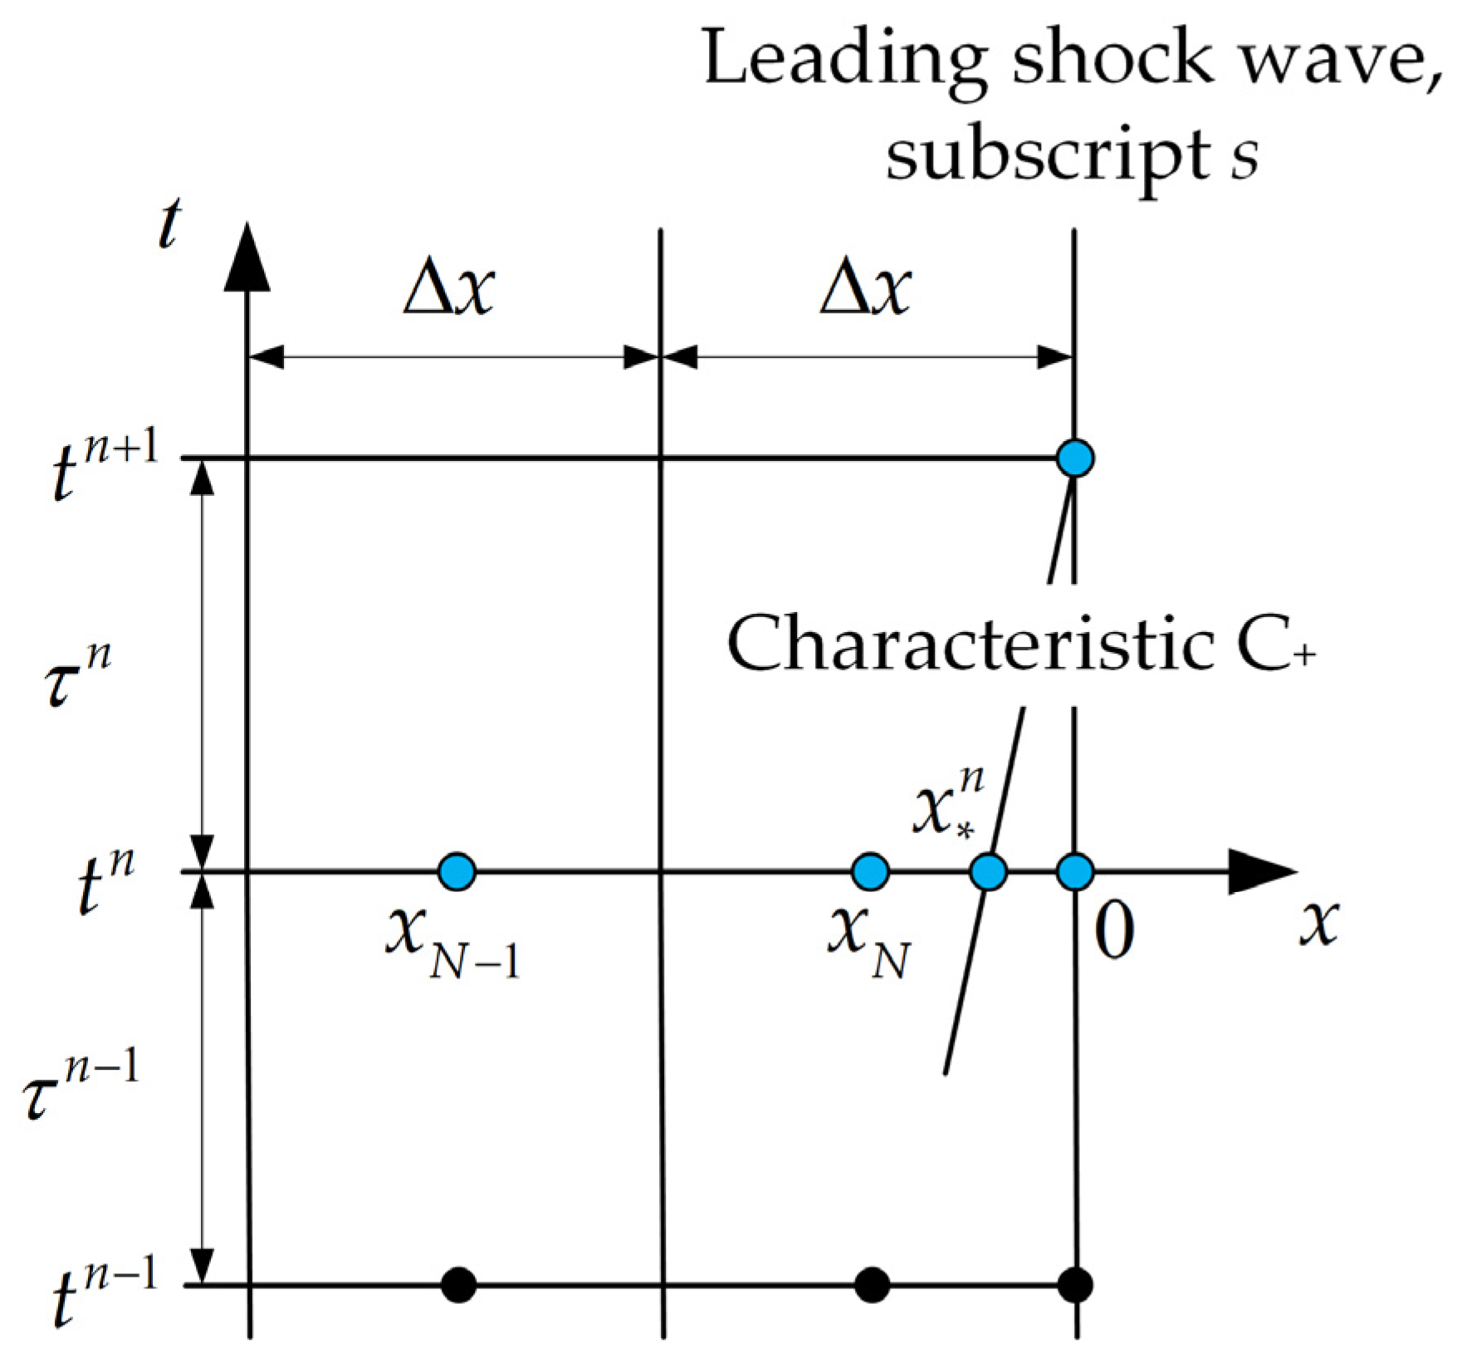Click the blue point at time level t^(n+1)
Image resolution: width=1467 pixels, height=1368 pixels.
(x=1075, y=458)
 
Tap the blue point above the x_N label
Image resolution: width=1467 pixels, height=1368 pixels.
(x=871, y=872)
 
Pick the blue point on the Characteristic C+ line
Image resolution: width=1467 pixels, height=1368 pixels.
(x=988, y=872)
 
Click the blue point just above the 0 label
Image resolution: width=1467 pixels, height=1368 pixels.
(x=1075, y=872)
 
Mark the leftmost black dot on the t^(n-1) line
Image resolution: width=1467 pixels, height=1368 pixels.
(x=458, y=1286)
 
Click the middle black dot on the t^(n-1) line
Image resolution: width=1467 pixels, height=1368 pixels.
(x=871, y=1286)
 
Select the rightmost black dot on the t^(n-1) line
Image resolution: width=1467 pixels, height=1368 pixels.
(x=1076, y=1286)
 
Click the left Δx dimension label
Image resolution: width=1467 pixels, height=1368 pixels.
(x=449, y=291)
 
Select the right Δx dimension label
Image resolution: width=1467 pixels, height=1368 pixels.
(x=865, y=291)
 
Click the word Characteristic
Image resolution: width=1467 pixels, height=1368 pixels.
(x=967, y=648)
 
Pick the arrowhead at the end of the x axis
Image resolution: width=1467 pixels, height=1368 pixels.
(x=1262, y=872)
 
